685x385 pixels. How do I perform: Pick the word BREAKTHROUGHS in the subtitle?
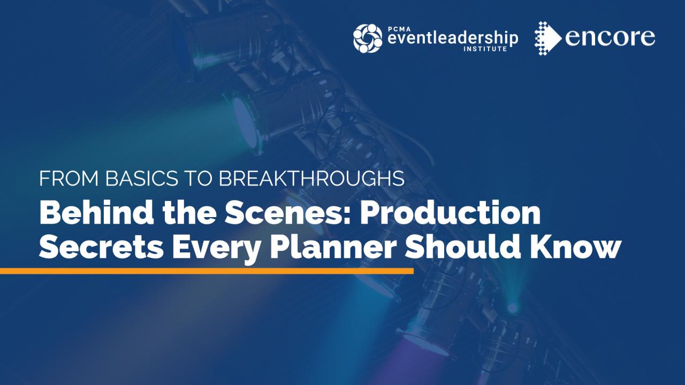tap(311, 179)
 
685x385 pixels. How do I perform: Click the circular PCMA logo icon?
tap(368, 38)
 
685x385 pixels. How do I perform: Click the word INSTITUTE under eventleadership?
tap(479, 49)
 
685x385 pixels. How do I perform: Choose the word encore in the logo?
tap(610, 37)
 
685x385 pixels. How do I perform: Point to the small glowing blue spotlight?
tap(512, 307)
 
